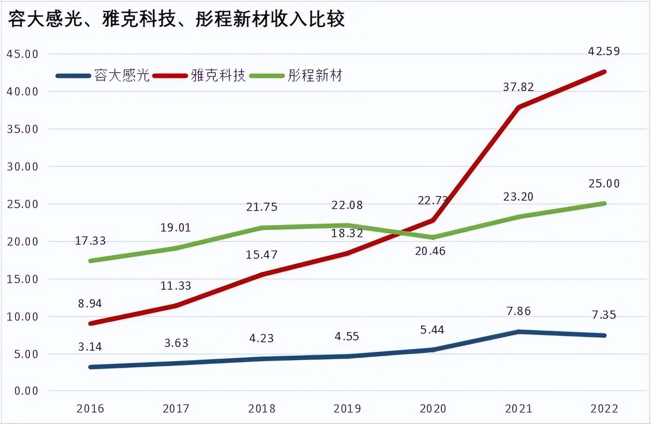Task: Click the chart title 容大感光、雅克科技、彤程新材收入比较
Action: tap(176, 19)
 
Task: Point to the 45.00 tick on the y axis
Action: tap(23, 54)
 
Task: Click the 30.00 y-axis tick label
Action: tap(23, 167)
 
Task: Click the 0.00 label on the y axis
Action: tap(26, 391)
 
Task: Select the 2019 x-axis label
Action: tap(347, 409)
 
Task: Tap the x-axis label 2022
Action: tap(604, 409)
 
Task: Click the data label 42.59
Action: tap(604, 51)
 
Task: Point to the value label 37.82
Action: tap(518, 87)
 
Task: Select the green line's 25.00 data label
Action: tap(604, 183)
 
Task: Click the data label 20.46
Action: tap(430, 251)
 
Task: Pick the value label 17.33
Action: tap(91, 241)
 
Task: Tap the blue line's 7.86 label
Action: tap(518, 311)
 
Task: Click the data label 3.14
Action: tap(90, 347)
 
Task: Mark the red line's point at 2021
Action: tap(518, 107)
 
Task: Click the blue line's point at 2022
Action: tap(604, 335)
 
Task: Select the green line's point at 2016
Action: tap(90, 261)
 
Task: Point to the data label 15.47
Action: tap(262, 255)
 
